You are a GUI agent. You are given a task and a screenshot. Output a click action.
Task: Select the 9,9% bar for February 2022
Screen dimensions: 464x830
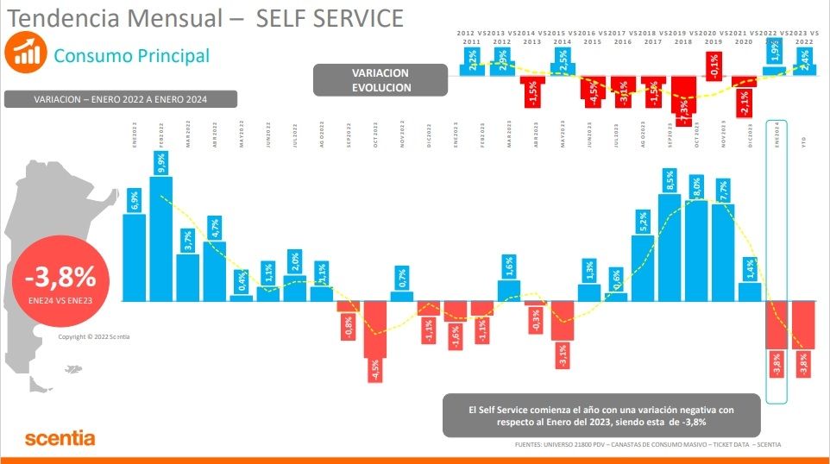click(x=161, y=237)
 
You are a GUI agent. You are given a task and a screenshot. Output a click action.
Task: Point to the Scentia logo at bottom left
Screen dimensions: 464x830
click(x=60, y=438)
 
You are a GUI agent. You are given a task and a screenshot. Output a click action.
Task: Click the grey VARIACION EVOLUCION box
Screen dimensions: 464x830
click(x=380, y=80)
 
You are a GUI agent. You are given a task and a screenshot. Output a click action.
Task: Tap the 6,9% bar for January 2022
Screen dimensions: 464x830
click(x=134, y=257)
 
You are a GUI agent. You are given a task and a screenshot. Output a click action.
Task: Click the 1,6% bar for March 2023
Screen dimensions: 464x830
click(x=509, y=291)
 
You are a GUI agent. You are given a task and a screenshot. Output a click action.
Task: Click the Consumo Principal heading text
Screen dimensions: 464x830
click(x=131, y=55)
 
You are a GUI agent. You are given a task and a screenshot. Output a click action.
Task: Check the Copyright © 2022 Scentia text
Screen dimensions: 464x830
click(x=93, y=337)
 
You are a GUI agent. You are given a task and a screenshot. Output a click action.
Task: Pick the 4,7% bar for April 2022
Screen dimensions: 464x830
click(x=215, y=271)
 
